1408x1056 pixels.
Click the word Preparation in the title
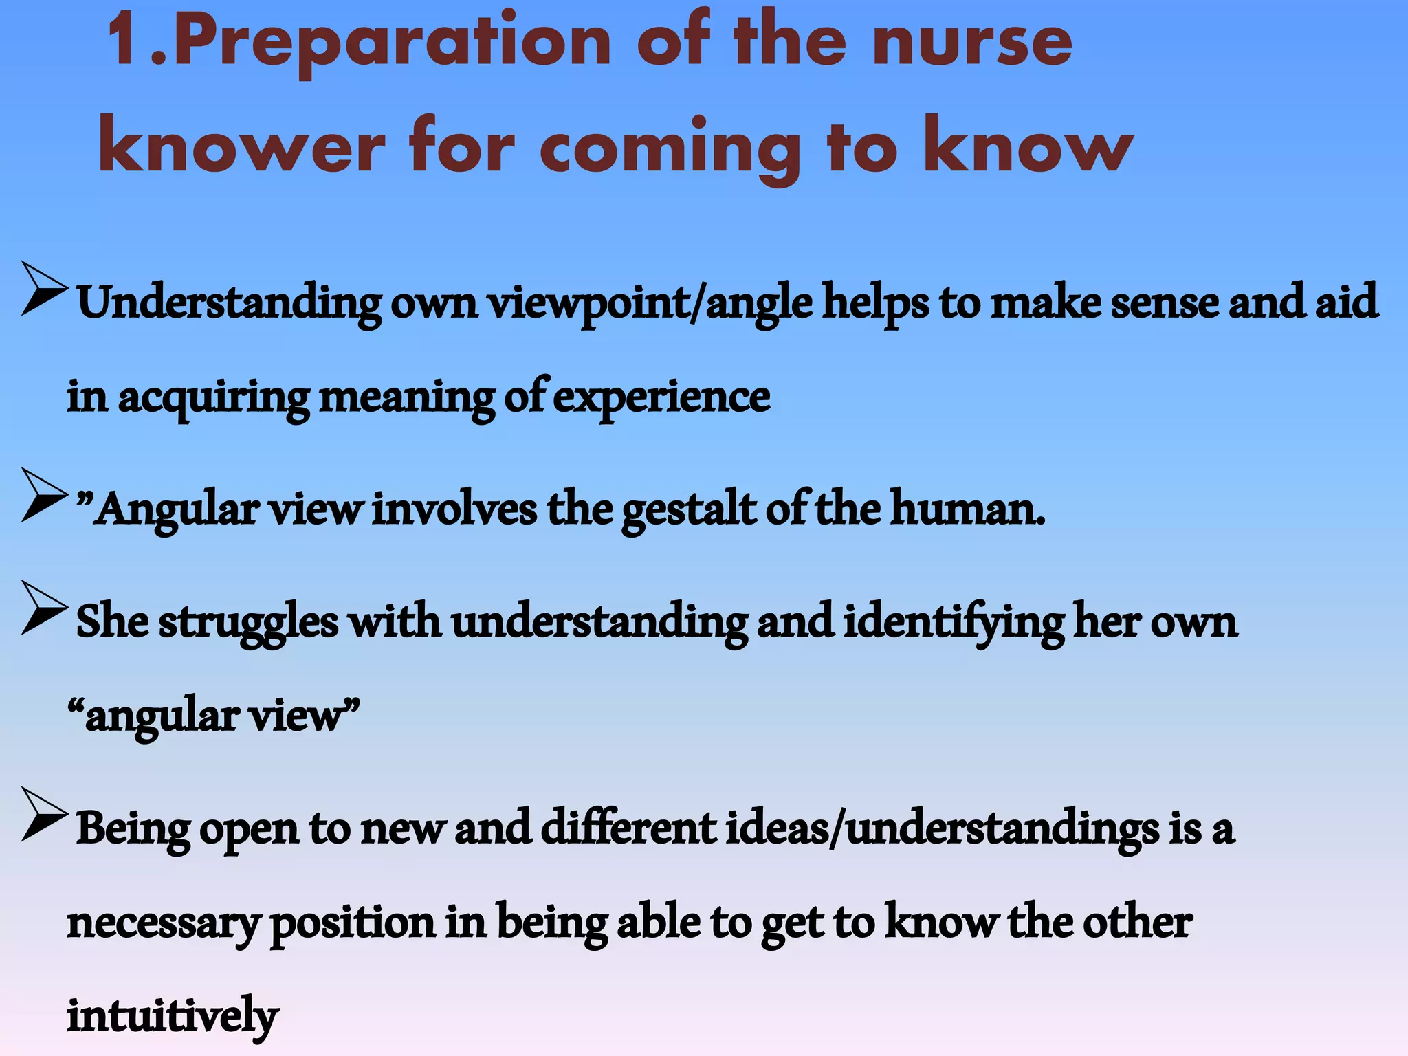coord(392,43)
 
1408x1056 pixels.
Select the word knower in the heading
coord(241,147)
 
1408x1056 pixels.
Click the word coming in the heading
coord(670,147)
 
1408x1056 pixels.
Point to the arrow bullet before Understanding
coord(44,289)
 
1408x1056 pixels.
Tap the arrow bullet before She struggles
coord(44,608)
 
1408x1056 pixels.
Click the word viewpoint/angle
coord(650,303)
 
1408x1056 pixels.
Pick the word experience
coord(661,397)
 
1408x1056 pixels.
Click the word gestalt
coord(688,510)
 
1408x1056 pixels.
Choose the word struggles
coord(248,622)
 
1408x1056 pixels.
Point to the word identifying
coord(953,622)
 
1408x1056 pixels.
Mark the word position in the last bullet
coord(353,923)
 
